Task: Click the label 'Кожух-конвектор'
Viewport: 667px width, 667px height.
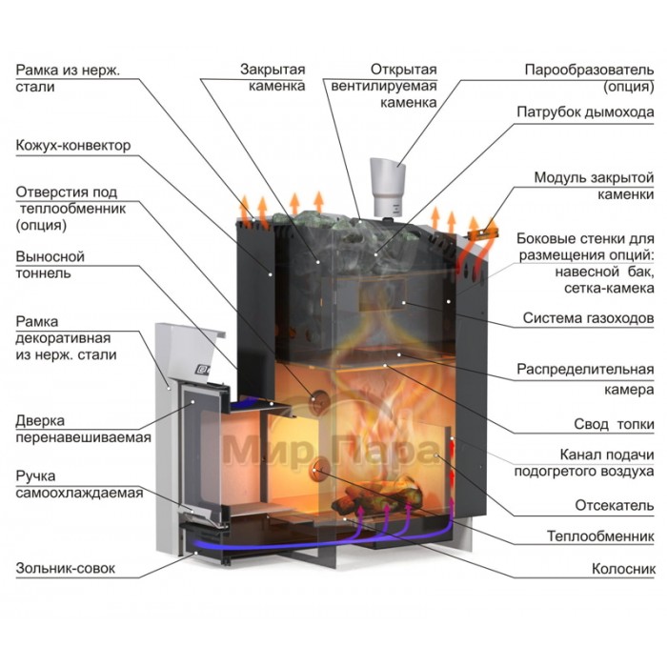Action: pyautogui.click(x=72, y=146)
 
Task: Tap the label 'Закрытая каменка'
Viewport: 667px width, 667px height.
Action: pyautogui.click(x=273, y=78)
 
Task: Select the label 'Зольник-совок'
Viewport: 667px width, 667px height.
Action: pyautogui.click(x=65, y=569)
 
